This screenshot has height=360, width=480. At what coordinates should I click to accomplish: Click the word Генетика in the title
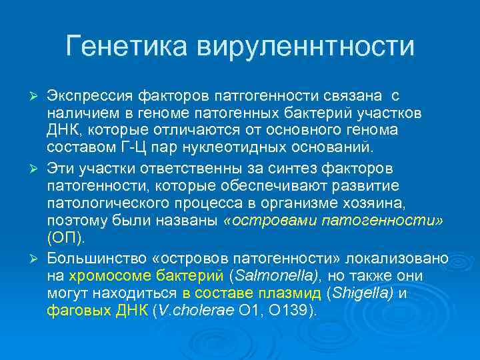tap(127, 47)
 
